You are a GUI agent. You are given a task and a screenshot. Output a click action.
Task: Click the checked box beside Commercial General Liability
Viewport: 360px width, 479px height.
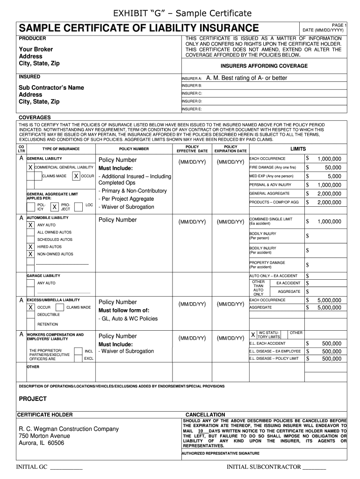[30, 167]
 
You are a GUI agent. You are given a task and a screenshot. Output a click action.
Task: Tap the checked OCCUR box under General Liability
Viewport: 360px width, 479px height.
[76, 176]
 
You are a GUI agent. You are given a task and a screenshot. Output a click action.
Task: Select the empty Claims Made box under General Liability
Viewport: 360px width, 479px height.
[35, 176]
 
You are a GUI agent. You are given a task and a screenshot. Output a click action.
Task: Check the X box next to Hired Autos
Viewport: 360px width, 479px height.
[30, 247]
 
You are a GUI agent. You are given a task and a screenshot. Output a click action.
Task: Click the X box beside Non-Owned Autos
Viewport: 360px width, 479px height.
[30, 254]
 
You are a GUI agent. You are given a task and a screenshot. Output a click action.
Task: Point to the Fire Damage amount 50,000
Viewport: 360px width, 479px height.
[333, 167]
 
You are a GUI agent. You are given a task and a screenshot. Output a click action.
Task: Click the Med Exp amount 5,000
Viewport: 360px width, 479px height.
[334, 176]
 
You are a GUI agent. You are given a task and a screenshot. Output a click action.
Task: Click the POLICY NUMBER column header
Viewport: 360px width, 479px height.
[134, 149]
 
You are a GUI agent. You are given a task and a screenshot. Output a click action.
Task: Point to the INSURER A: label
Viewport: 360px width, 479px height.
[191, 79]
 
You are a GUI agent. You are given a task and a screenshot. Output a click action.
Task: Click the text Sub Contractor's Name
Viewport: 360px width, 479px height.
[51, 87]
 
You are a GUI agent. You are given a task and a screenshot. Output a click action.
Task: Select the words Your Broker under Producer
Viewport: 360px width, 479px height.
[36, 49]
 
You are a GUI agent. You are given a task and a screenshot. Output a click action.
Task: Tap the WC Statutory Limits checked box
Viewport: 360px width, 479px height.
[253, 335]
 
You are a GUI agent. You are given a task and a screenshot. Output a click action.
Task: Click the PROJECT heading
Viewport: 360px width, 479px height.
[32, 399]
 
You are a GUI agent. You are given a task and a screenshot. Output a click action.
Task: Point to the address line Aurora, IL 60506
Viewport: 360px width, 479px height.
[41, 443]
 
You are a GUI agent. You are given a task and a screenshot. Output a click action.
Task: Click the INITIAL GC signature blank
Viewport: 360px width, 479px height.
[66, 467]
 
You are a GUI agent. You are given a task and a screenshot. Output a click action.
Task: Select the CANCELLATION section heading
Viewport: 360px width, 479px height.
[205, 414]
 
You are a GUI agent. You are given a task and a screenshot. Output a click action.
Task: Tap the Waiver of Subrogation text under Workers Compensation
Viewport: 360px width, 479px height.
[126, 351]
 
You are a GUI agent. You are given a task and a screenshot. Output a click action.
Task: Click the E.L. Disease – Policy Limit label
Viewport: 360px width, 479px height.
[274, 358]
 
